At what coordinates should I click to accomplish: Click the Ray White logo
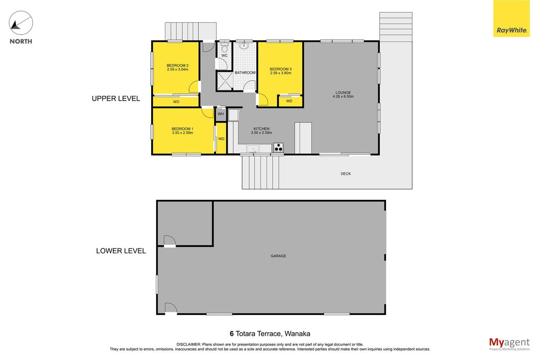(511, 18)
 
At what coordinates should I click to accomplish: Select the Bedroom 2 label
(177, 65)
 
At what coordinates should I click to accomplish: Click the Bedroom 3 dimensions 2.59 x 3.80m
(280, 73)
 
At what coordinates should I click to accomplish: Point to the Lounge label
(343, 93)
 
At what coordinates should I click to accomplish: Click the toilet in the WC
(225, 48)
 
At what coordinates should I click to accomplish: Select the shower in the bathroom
(225, 81)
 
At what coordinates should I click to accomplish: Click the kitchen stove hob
(278, 148)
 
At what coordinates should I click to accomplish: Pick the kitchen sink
(253, 149)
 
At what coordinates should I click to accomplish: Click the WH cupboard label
(220, 114)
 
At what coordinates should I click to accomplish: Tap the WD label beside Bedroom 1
(221, 139)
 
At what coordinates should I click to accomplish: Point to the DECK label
(346, 174)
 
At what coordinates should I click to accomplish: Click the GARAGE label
(278, 256)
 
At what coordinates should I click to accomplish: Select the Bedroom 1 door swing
(208, 112)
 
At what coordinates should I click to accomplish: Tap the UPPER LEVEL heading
(116, 99)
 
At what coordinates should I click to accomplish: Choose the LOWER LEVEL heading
(121, 251)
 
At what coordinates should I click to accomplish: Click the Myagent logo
(509, 344)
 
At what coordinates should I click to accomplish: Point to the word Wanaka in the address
(297, 334)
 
